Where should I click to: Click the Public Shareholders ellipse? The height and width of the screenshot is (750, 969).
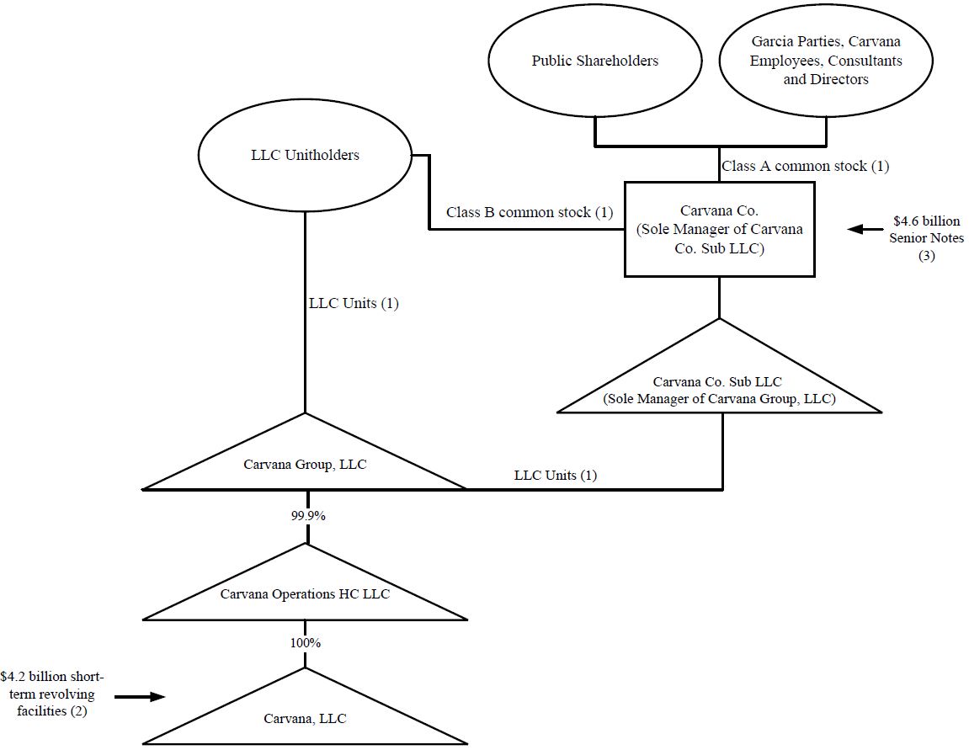tap(594, 61)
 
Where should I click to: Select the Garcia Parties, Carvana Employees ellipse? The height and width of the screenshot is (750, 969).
tap(825, 61)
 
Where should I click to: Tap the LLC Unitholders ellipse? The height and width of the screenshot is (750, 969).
tap(304, 155)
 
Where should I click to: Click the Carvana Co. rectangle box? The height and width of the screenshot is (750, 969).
tap(719, 229)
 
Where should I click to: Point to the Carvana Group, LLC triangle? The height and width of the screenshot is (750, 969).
tap(305, 464)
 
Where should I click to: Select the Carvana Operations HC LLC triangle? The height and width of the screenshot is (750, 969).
tap(305, 593)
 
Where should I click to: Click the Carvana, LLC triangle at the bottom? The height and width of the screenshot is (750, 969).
tap(305, 718)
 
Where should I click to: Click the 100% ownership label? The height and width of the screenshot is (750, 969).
tap(305, 642)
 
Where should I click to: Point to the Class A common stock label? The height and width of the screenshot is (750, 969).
tap(805, 166)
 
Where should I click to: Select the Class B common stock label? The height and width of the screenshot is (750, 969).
tap(530, 212)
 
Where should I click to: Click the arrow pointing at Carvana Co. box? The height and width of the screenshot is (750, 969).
tap(862, 229)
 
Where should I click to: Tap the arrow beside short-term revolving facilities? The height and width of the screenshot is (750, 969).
tap(140, 697)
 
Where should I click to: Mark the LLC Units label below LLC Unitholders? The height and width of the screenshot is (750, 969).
tap(353, 304)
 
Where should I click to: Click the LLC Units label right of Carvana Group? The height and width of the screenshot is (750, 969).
tap(556, 475)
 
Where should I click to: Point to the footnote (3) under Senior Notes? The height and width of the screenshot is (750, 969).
tap(926, 258)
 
